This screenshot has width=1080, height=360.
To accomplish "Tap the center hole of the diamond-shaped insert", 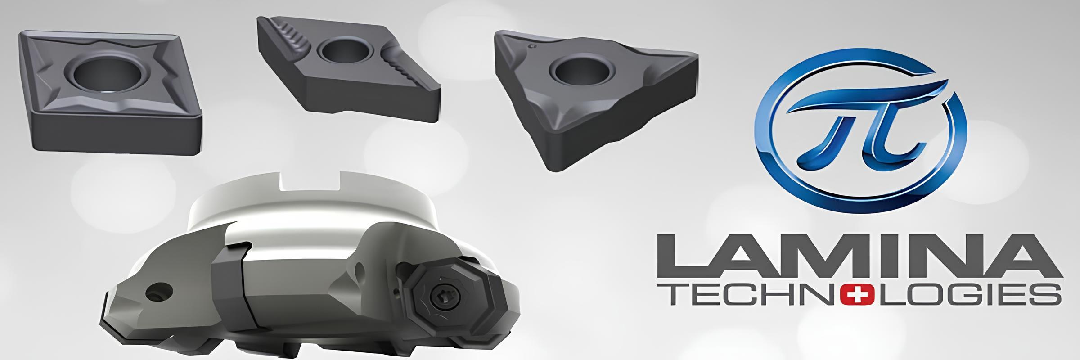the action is (x=344, y=53).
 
